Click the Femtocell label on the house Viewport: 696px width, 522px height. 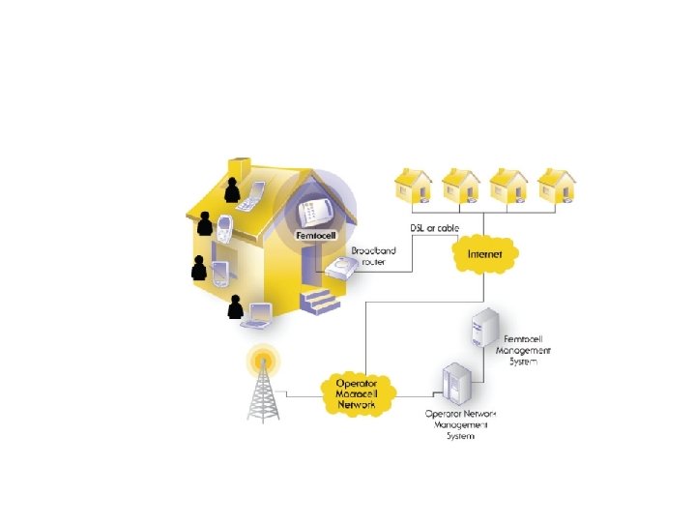[316, 235]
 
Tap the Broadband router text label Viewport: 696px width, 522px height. [371, 256]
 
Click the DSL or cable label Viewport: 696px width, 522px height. [435, 228]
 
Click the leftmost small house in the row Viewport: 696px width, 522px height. [415, 188]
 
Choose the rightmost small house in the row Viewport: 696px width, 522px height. [555, 188]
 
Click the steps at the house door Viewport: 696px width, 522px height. [318, 302]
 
